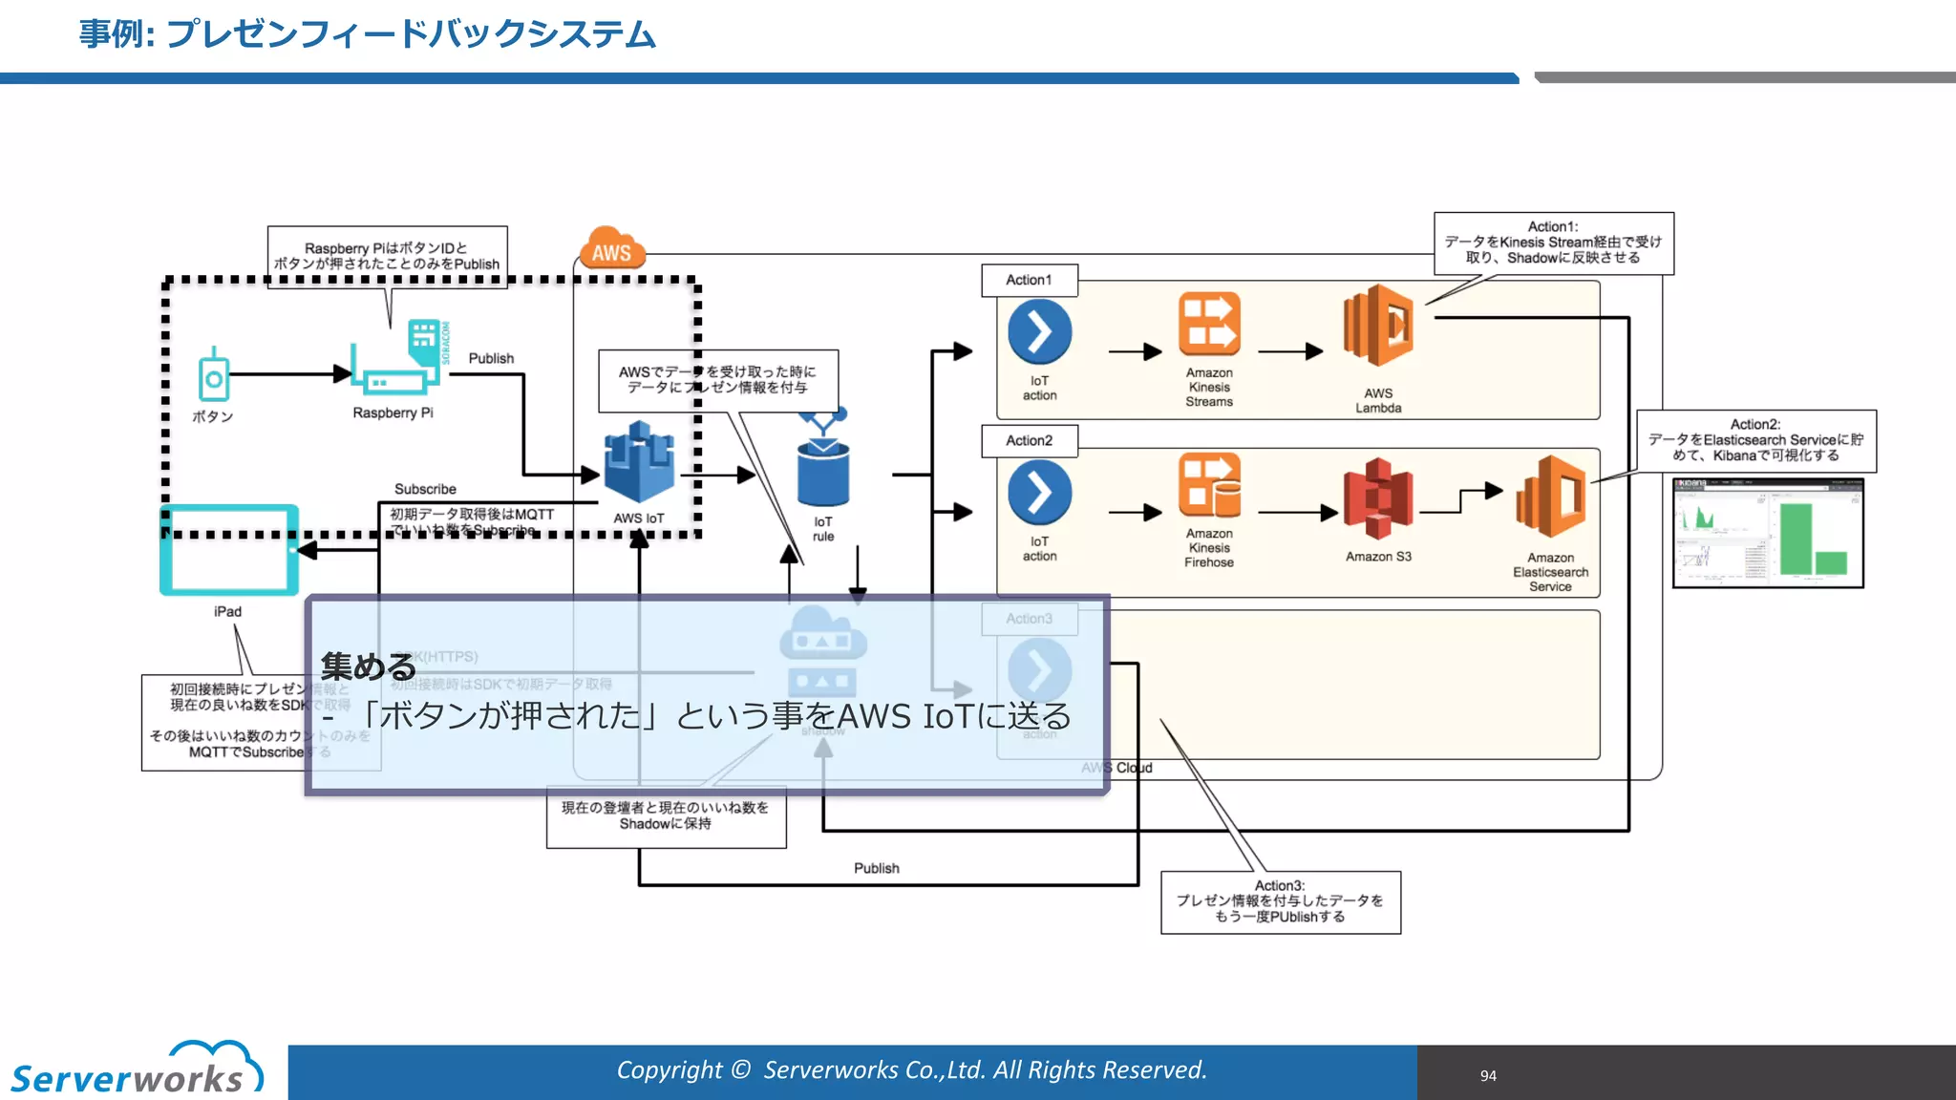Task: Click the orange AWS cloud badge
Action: [x=612, y=249]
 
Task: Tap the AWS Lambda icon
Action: [x=1378, y=327]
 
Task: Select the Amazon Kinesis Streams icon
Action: [x=1209, y=325]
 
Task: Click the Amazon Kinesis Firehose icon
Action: [x=1209, y=486]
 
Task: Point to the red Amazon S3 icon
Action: [x=1377, y=498]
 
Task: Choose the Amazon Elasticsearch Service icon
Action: [x=1550, y=497]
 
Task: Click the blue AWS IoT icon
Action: [x=638, y=463]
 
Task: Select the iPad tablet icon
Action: [x=228, y=550]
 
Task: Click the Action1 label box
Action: [x=1030, y=280]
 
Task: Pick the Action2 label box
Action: [x=1030, y=440]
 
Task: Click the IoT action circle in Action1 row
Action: [x=1039, y=332]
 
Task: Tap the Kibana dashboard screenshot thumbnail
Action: [x=1768, y=533]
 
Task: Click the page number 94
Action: [x=1488, y=1076]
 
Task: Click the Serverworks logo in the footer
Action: [x=134, y=1071]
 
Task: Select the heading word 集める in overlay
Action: [x=369, y=666]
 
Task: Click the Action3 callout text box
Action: [x=1280, y=901]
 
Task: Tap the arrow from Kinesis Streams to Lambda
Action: [x=1290, y=351]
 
